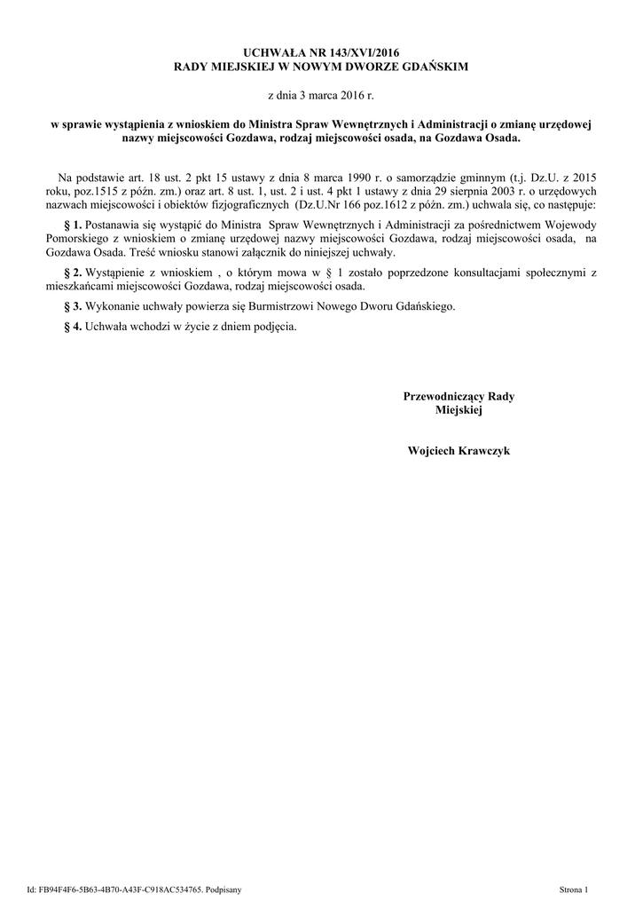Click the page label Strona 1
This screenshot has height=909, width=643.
click(x=580, y=889)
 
